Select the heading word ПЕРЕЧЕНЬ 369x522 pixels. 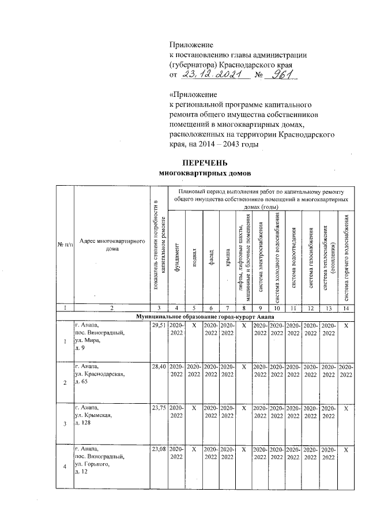coord(206,163)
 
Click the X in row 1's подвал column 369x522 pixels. coord(194,326)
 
